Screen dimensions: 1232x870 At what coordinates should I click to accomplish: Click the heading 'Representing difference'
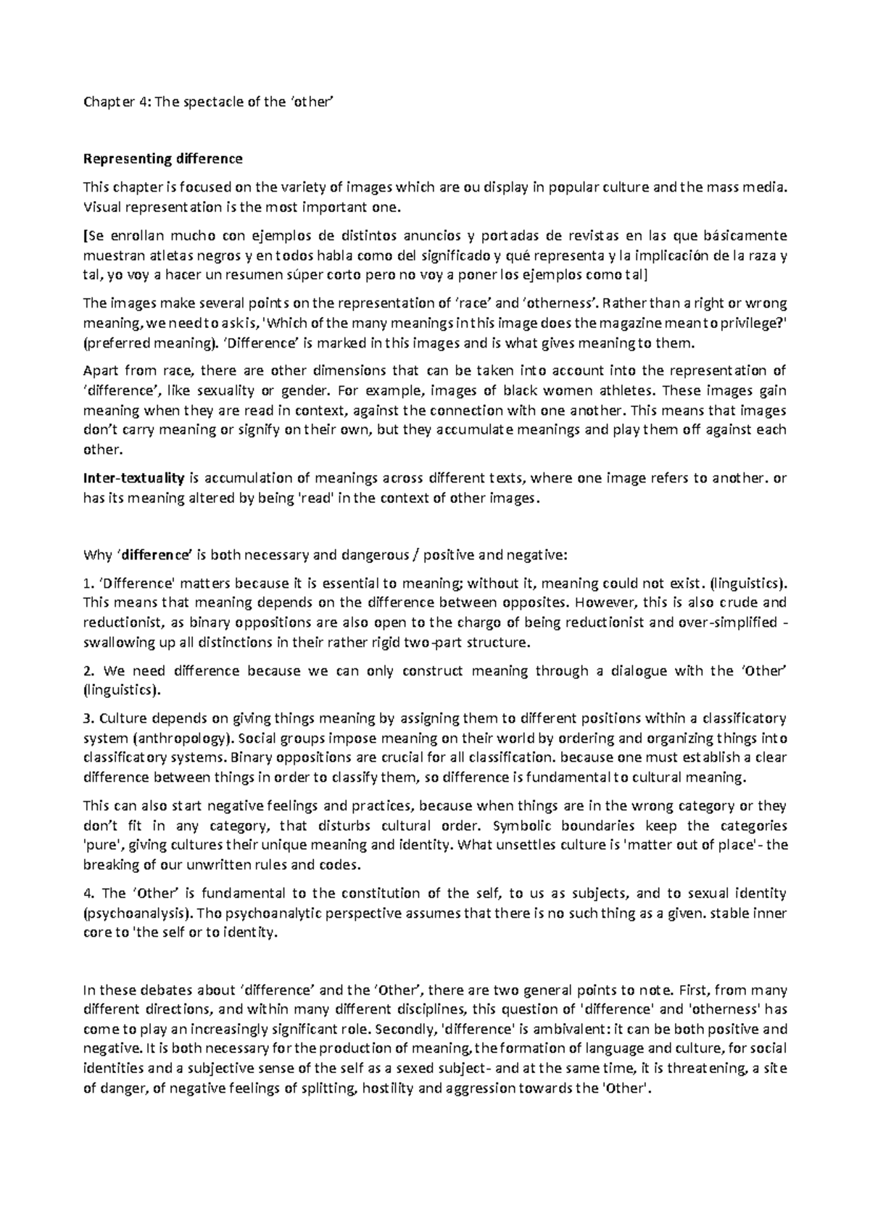(163, 159)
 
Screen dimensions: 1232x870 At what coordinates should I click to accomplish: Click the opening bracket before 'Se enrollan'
(86, 236)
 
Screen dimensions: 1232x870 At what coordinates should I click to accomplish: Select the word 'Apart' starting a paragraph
(101, 371)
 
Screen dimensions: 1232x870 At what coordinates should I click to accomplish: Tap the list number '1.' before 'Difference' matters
(88, 583)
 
